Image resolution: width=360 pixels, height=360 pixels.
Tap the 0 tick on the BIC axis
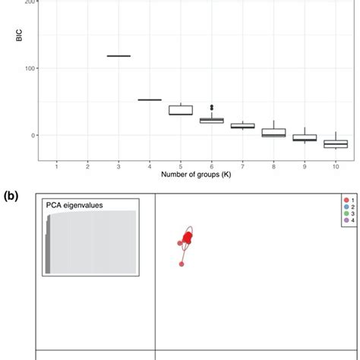[30, 135]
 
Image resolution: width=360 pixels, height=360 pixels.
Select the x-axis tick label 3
[118, 165]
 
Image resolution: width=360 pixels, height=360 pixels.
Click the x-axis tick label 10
[334, 165]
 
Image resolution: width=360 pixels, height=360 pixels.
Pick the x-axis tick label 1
[57, 165]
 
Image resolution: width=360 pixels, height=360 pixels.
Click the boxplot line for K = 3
[118, 55]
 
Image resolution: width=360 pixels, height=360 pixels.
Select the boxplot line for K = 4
[150, 99]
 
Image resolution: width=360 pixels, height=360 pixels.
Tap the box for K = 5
[180, 110]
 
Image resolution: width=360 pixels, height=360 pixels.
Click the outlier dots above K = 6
[211, 107]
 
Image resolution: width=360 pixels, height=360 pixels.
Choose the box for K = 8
[273, 132]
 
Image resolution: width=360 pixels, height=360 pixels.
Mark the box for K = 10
[334, 144]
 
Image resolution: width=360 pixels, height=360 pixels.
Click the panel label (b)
[12, 195]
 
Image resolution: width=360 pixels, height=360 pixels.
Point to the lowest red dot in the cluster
[182, 264]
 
